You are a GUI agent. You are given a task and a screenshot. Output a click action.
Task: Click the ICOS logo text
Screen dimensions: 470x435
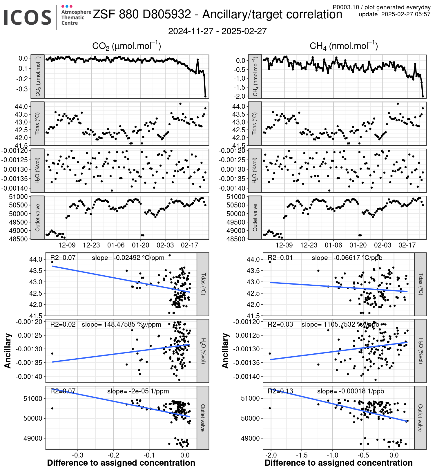point(28,17)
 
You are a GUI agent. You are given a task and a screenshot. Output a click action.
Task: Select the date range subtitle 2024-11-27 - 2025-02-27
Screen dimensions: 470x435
point(217,31)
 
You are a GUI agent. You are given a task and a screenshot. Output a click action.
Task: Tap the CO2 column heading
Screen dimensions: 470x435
point(126,46)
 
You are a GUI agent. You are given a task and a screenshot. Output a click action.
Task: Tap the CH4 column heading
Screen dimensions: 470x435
point(344,46)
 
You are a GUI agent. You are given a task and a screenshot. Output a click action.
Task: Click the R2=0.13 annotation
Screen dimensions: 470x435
point(280,391)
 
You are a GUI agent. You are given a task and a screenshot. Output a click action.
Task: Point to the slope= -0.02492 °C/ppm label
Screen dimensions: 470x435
point(128,258)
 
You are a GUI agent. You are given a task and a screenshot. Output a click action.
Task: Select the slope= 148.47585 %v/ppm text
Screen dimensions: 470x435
point(121,324)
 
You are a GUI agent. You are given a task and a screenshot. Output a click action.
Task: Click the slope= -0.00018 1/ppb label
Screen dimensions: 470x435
point(350,391)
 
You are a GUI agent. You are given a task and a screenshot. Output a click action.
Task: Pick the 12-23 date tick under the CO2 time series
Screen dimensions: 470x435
point(91,245)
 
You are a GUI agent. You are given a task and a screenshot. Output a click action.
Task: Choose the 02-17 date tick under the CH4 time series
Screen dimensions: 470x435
point(407,245)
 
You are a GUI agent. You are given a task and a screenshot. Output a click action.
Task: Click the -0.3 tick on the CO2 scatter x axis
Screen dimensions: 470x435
point(77,455)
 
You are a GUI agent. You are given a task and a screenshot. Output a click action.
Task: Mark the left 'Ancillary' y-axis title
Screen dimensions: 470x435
point(8,351)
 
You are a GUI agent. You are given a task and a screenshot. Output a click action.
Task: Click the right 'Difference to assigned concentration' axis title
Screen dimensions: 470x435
point(338,463)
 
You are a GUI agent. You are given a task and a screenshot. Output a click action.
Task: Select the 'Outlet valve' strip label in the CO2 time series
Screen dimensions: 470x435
point(37,218)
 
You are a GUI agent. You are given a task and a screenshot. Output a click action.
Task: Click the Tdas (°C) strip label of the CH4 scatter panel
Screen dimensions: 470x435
point(420,284)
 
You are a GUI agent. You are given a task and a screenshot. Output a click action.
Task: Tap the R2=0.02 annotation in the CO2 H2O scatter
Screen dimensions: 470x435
point(63,324)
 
